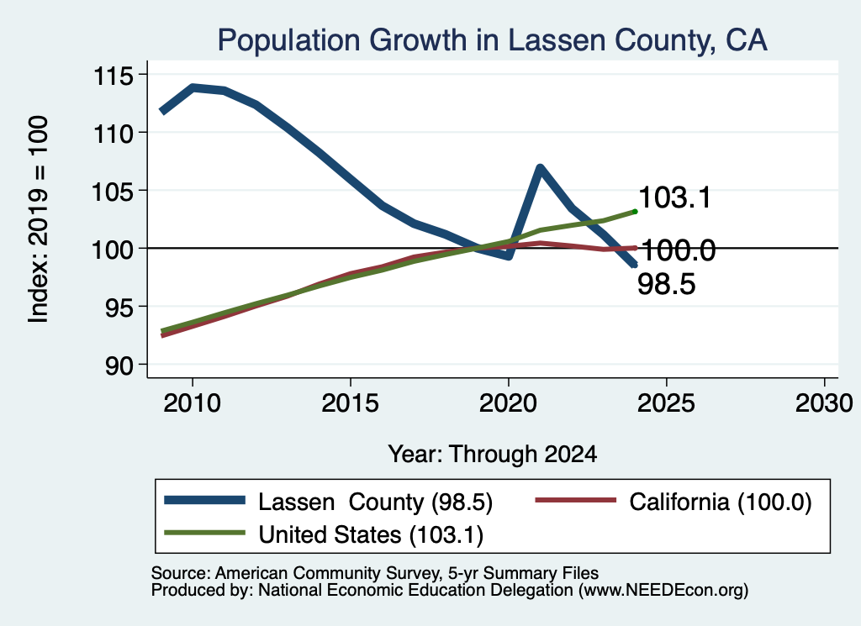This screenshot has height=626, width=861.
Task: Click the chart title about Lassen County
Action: pos(492,40)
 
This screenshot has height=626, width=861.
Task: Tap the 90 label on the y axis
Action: pos(119,366)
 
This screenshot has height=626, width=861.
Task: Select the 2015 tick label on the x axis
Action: pos(350,403)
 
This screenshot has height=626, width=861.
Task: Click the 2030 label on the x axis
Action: pos(824,403)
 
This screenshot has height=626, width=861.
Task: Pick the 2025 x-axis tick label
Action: pos(666,403)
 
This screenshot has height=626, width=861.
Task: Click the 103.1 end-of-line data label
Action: pos(675,197)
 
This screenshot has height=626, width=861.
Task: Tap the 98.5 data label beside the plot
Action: pos(667,284)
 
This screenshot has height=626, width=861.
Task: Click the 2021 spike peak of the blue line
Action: pos(541,168)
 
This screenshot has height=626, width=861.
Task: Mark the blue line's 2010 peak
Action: pos(193,87)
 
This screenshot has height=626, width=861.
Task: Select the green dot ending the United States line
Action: pos(636,211)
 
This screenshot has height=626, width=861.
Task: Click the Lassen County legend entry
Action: pos(329,502)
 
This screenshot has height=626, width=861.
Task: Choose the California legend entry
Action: pos(673,502)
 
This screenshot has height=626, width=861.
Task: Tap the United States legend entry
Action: pos(324,534)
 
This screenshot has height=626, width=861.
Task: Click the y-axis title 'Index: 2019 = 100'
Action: pos(39,219)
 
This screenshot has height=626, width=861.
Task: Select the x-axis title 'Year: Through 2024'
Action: pos(493,454)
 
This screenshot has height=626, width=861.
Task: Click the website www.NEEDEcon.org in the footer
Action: pos(663,590)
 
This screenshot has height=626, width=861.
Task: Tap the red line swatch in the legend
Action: pos(575,500)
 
